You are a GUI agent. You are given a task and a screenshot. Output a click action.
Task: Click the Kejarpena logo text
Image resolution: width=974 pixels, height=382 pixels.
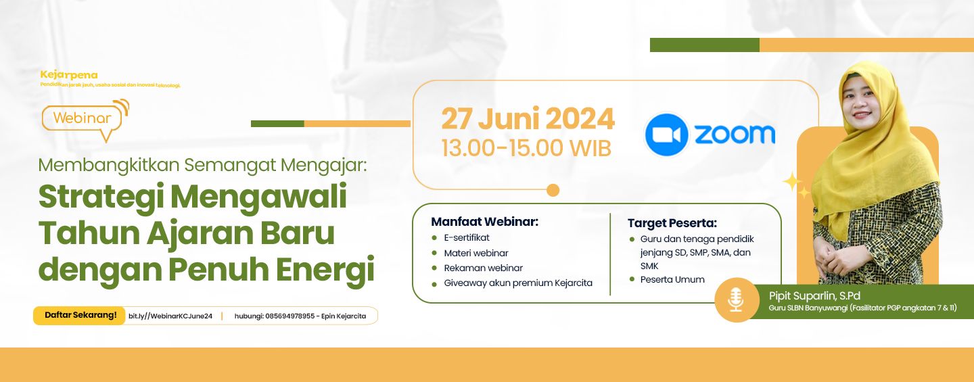(x=69, y=74)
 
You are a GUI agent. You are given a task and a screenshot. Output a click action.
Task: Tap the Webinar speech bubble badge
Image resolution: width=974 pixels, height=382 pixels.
(x=83, y=118)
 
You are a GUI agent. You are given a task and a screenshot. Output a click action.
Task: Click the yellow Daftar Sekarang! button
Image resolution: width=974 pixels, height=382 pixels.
(x=80, y=315)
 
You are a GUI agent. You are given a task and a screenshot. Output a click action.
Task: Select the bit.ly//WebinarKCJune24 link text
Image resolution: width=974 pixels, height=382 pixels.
(x=170, y=316)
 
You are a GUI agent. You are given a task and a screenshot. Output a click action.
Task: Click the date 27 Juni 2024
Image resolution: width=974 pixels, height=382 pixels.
(x=528, y=119)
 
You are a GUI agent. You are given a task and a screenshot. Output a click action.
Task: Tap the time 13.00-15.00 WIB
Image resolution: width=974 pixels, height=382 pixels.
(x=526, y=148)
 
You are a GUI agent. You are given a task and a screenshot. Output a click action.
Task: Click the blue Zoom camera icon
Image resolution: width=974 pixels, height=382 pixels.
(x=666, y=135)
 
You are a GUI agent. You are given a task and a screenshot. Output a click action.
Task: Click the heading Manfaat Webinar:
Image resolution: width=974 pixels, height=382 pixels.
(x=484, y=222)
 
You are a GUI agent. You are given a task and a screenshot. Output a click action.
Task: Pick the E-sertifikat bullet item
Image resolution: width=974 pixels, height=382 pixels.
(x=467, y=237)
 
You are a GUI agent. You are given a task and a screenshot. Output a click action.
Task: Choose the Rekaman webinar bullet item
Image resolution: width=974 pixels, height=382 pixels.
(x=483, y=268)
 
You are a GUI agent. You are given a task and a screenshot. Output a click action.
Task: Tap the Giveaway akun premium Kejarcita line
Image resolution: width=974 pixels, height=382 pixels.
(x=517, y=283)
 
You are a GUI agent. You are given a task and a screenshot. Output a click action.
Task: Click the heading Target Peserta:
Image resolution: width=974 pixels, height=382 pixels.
(x=672, y=223)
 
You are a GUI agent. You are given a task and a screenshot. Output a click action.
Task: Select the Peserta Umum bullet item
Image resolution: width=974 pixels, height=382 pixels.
(x=672, y=279)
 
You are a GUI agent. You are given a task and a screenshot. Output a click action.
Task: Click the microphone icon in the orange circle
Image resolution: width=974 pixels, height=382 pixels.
(x=736, y=300)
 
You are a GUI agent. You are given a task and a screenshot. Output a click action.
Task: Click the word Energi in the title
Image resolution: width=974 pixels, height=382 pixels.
(x=327, y=268)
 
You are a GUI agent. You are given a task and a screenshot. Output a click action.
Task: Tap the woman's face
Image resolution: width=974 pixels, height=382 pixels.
(x=871, y=101)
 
